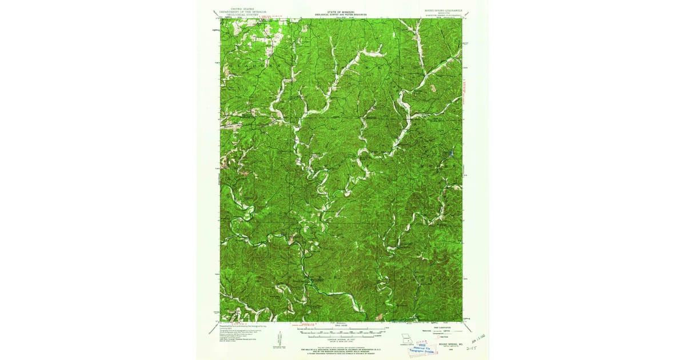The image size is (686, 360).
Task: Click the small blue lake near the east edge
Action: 452,154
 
